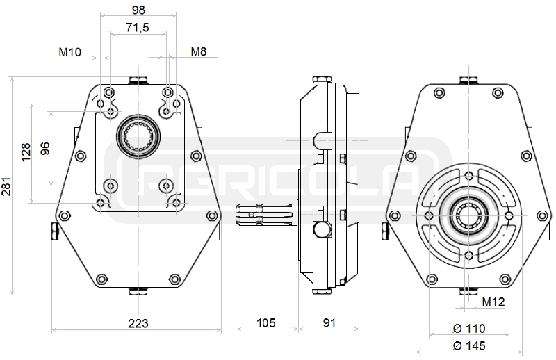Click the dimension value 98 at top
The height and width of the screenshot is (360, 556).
click(138, 9)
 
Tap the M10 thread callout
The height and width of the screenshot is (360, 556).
click(69, 52)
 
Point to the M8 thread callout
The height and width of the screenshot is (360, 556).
click(199, 52)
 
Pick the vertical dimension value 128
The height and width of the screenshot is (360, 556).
click(26, 152)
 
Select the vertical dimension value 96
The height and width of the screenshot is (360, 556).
click(44, 148)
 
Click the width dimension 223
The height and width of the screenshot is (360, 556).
click(138, 323)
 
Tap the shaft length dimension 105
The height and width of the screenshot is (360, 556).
click(266, 323)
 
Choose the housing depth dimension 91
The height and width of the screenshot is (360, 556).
click(329, 323)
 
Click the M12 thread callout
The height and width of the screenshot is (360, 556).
click(493, 302)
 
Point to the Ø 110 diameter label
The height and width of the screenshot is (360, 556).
click(469, 328)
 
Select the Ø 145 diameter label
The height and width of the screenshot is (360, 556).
click(469, 345)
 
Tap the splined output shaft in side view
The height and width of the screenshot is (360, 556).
click(261, 216)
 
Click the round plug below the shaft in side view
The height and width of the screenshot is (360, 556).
click(322, 229)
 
